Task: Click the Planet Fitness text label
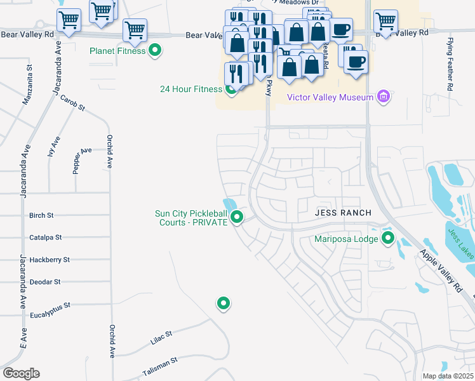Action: coord(117,50)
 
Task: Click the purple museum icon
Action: coord(382,97)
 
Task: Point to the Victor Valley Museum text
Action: coord(330,98)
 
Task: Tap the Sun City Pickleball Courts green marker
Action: coord(237,218)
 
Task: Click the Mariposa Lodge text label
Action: coord(346,239)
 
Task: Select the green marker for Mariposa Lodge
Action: coord(387,239)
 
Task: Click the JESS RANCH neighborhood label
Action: coord(343,213)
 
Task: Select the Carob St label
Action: coord(72,104)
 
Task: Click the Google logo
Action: coord(21,373)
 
